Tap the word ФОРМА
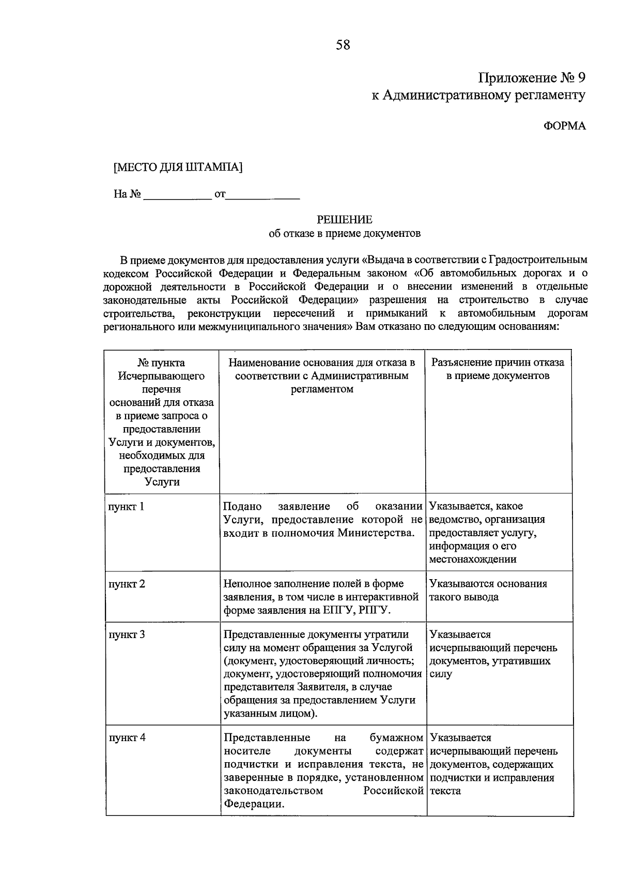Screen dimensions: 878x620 click(x=565, y=126)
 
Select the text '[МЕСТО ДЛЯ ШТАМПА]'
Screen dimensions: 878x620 click(x=178, y=168)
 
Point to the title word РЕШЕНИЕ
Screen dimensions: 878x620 click(x=345, y=220)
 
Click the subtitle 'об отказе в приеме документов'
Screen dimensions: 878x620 click(x=345, y=233)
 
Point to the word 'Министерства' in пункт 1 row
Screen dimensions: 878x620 click(x=376, y=533)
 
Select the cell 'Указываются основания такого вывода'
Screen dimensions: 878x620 click(x=488, y=591)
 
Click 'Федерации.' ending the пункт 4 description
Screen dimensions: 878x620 click(x=254, y=804)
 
